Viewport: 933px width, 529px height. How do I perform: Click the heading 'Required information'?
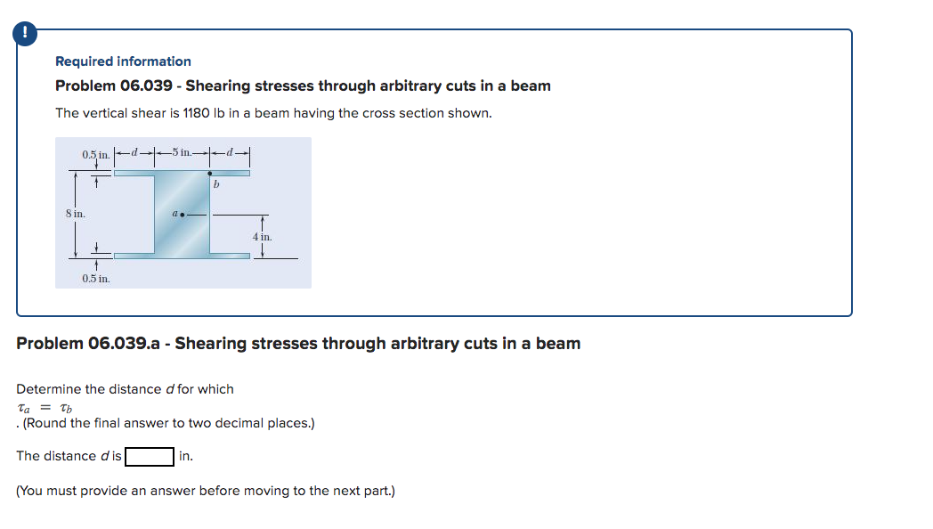coord(123,61)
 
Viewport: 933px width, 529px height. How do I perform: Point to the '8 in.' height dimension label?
coord(75,214)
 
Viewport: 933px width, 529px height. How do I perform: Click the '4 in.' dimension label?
coord(262,237)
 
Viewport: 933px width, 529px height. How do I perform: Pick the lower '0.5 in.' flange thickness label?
coord(96,279)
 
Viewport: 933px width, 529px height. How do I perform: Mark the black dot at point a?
coord(182,215)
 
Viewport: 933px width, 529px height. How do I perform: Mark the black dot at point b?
coord(210,173)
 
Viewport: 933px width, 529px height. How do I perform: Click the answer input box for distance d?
coord(149,456)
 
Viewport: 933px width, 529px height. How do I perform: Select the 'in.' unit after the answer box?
coord(185,456)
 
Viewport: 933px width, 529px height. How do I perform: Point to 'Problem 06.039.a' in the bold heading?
coord(90,344)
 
